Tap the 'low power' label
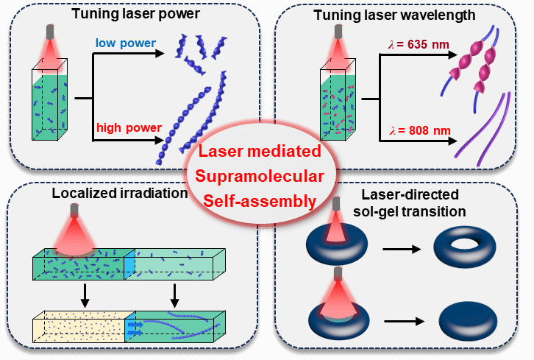click(124, 43)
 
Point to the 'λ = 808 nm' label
click(416, 133)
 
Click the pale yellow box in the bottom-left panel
click(79, 325)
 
